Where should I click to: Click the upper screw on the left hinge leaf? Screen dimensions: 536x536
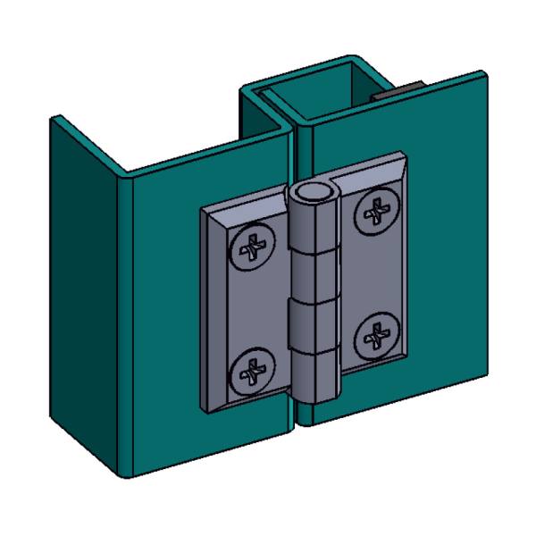[254, 247]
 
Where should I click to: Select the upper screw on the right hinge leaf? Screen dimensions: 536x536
[374, 213]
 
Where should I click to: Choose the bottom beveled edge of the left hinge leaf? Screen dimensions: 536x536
[250, 406]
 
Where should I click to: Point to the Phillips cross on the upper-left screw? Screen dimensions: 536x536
[254, 247]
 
